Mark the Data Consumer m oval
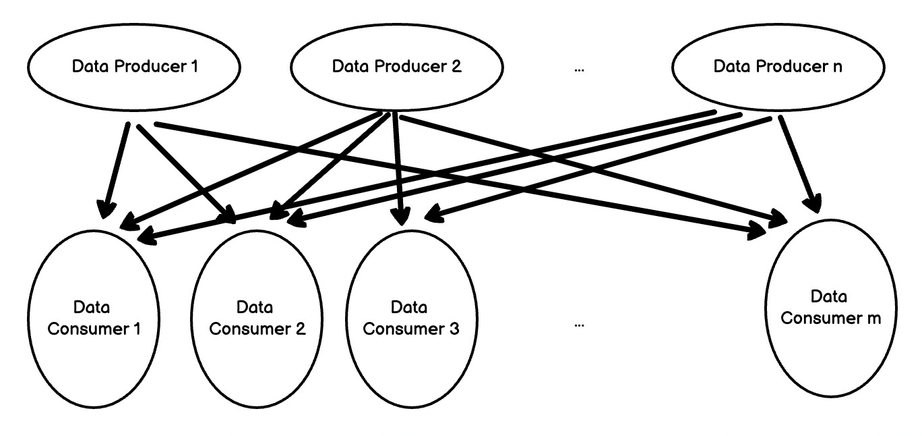830,307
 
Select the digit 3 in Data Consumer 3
454,329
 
